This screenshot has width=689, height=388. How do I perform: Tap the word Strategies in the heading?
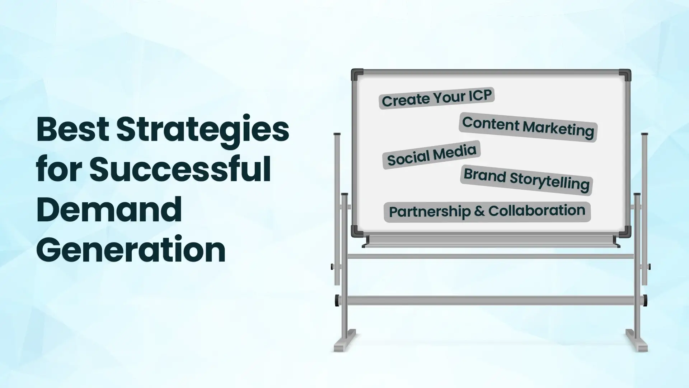click(x=203, y=131)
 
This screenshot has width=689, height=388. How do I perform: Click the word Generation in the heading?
click(x=131, y=249)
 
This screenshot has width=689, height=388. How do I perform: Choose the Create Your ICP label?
click(x=437, y=98)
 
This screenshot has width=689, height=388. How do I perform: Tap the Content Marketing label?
click(x=528, y=127)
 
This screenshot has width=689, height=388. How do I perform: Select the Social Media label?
click(x=431, y=154)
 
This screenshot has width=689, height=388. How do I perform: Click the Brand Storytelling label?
click(x=526, y=180)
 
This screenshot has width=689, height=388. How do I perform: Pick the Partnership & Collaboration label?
click(x=487, y=212)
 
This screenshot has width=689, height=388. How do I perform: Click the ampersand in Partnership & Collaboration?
click(x=479, y=211)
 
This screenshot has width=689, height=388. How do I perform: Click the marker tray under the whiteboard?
click(x=491, y=241)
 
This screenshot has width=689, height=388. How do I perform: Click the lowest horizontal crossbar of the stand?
click(x=491, y=300)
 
